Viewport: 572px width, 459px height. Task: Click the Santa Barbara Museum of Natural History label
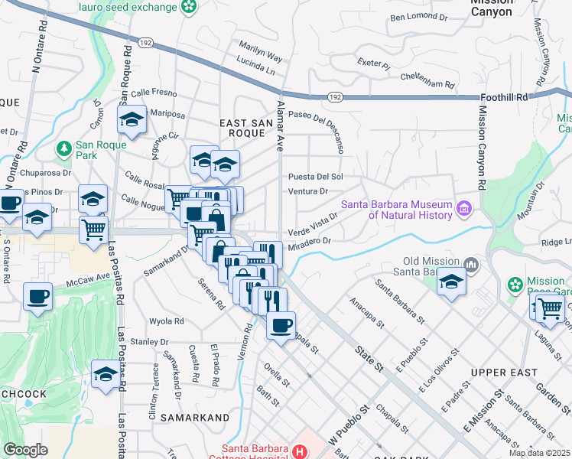[x=398, y=210]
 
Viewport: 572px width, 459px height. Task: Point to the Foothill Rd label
[x=505, y=98]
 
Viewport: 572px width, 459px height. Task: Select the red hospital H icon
[x=299, y=451]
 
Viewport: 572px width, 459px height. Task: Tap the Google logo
[x=25, y=450]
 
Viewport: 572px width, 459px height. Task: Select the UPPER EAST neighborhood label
[x=499, y=372]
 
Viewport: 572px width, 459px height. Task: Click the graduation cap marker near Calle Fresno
[x=132, y=120]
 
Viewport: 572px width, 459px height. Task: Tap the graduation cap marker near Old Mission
[x=451, y=282]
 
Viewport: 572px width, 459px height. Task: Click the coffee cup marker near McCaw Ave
[x=37, y=296]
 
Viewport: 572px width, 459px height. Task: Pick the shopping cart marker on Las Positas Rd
[x=93, y=228]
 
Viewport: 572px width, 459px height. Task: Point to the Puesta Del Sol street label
[x=314, y=176]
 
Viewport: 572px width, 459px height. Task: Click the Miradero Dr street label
[x=310, y=240]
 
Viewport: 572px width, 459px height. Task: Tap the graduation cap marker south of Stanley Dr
[x=106, y=375]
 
